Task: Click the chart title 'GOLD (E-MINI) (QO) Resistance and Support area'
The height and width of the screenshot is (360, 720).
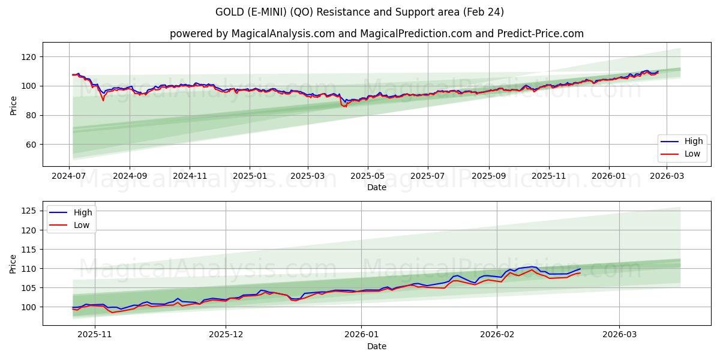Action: tap(359, 12)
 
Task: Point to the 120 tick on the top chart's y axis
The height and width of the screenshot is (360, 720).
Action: tap(29, 57)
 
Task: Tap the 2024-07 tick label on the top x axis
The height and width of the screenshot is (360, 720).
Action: tap(70, 176)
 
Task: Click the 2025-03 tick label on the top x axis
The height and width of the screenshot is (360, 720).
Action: tap(308, 176)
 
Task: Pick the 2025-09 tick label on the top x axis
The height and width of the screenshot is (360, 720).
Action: tap(488, 176)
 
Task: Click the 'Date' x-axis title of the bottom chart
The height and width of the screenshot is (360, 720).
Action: tap(376, 347)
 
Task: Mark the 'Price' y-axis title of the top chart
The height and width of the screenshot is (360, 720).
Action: tap(13, 104)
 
